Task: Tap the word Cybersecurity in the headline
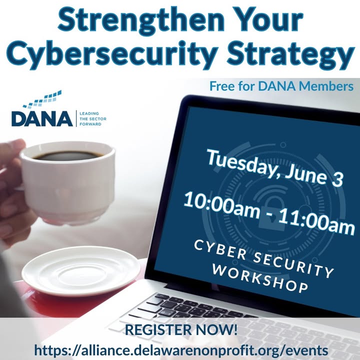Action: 111,54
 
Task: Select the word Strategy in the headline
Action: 290,54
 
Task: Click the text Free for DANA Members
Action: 281,86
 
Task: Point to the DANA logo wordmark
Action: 42,118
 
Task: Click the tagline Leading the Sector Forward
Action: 93,118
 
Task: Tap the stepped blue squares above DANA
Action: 42,99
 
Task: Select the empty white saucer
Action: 81,271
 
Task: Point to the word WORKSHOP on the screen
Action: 259,278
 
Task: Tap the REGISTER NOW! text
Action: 181,329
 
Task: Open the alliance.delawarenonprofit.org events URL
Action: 181,350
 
